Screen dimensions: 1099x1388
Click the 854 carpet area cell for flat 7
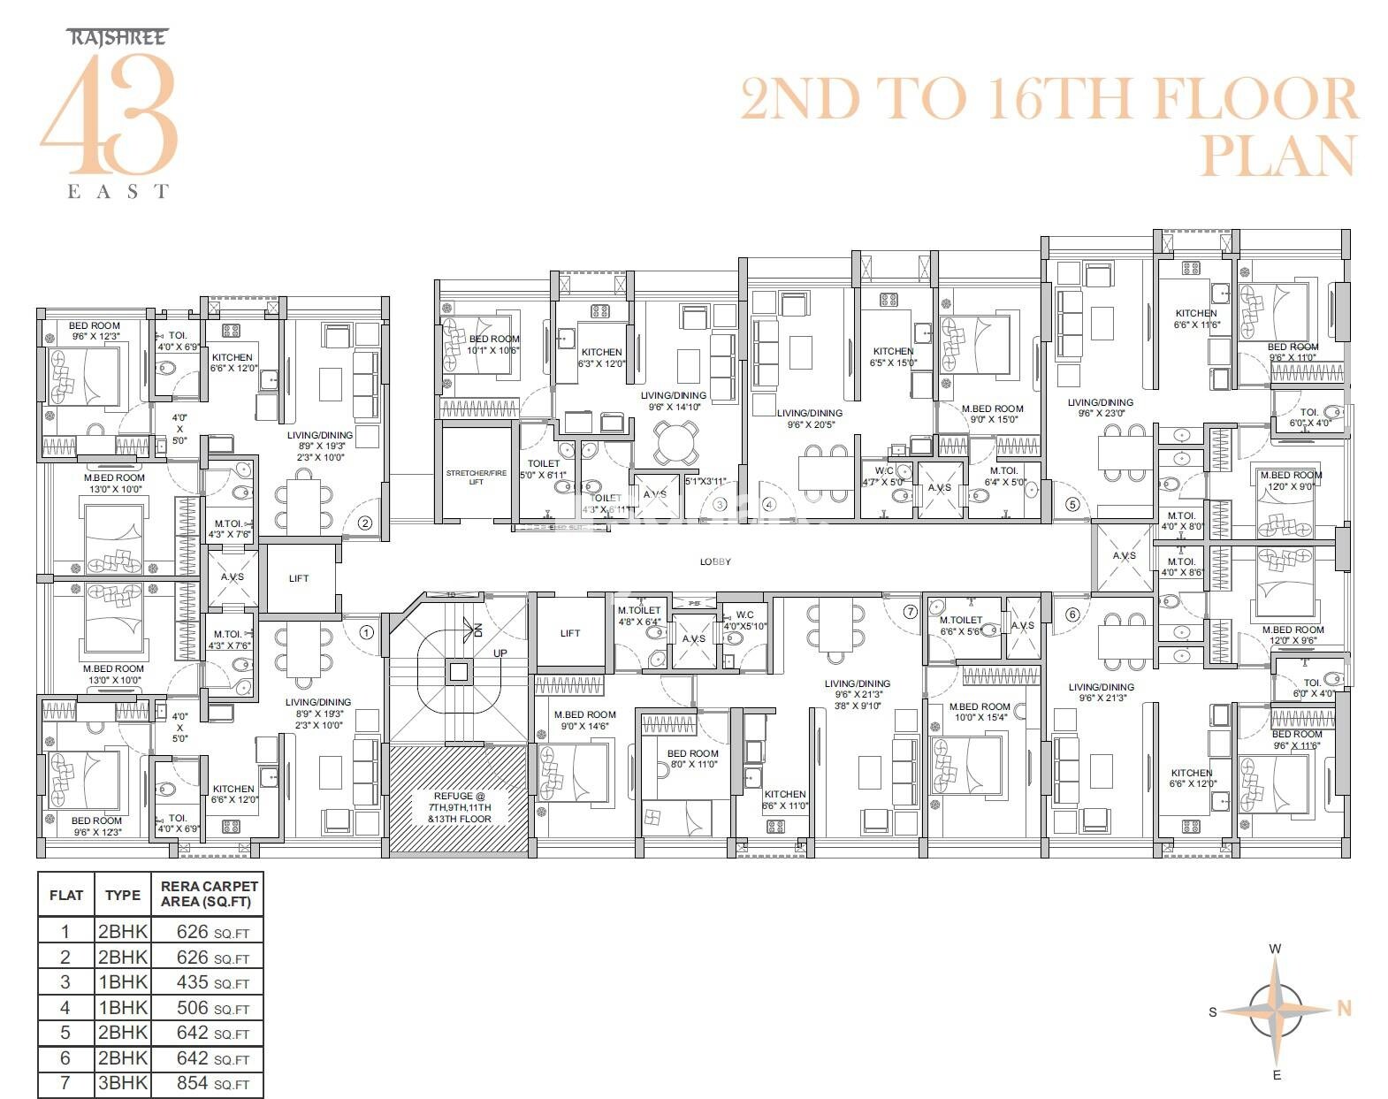(x=212, y=1083)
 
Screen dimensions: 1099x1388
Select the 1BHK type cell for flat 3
(x=122, y=982)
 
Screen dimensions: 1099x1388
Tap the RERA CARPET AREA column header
(x=209, y=894)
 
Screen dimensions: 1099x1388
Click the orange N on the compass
(x=1344, y=1008)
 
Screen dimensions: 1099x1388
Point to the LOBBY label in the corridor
(x=715, y=561)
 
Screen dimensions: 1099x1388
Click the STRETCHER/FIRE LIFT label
(x=476, y=477)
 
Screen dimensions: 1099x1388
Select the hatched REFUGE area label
(x=459, y=806)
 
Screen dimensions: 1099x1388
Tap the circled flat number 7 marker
(x=911, y=611)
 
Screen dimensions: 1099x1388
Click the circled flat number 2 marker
(x=364, y=523)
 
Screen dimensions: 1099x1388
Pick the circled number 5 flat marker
(x=1072, y=505)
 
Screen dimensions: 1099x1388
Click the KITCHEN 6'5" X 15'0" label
(x=893, y=356)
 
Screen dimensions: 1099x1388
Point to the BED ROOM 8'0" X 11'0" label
(x=692, y=759)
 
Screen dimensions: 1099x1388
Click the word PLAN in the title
(x=1277, y=156)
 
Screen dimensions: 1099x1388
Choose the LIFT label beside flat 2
(x=299, y=578)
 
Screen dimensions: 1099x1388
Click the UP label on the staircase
(x=500, y=653)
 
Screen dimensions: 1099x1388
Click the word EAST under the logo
(x=118, y=191)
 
